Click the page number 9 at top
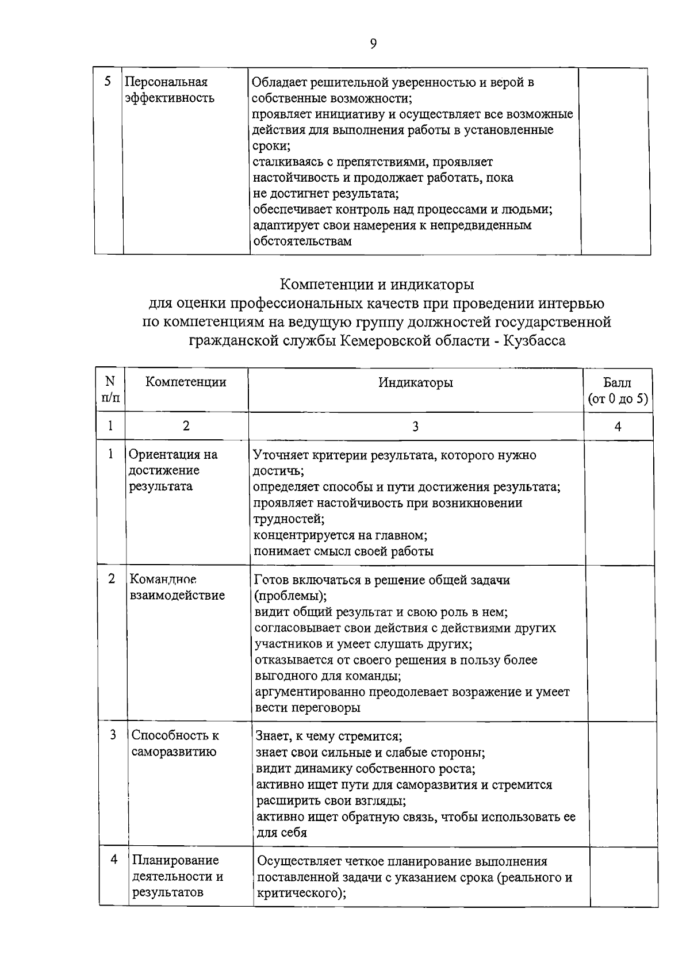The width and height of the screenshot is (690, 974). point(373,44)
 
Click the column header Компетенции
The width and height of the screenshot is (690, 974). point(186,382)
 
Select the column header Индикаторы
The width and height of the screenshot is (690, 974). point(415,382)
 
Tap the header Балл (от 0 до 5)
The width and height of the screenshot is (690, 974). point(618,390)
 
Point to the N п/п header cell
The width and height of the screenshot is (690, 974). point(110,389)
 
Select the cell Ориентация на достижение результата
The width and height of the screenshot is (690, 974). point(173,470)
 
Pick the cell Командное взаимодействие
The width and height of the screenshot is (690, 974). point(177,587)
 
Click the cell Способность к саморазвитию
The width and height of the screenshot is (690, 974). point(175,743)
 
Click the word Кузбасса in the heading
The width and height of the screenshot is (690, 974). point(534,341)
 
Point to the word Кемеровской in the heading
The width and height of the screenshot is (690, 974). point(384,341)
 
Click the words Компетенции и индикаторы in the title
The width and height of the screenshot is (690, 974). point(377,285)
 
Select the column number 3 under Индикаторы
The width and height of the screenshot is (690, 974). point(415,426)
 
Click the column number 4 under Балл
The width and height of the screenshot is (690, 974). point(618,426)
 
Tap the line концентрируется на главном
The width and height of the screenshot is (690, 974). point(340,535)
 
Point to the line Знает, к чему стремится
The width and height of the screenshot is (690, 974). point(328,737)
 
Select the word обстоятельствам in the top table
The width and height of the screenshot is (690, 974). point(302,241)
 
